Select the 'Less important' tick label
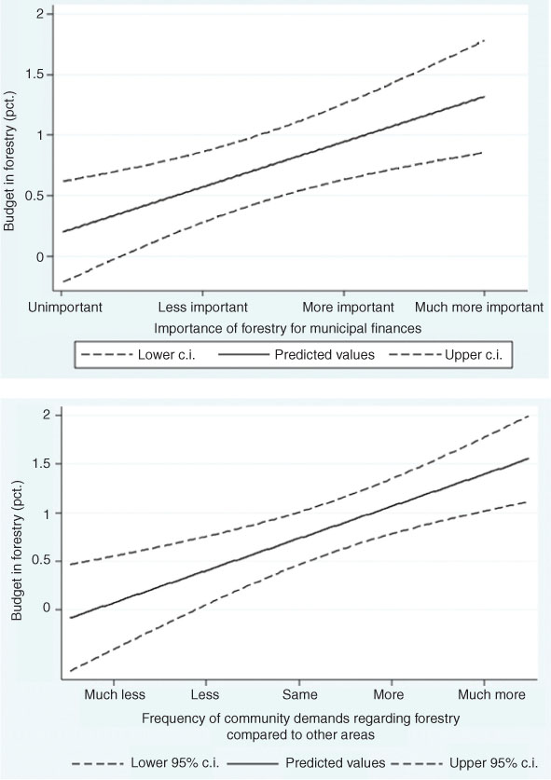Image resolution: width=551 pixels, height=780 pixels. [x=204, y=306]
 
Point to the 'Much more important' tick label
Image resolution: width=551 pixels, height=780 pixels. [x=478, y=306]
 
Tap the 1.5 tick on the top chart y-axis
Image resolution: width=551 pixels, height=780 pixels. [x=36, y=75]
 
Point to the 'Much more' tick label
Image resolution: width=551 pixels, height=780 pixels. [x=484, y=694]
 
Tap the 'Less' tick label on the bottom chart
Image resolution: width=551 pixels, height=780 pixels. [x=204, y=694]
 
